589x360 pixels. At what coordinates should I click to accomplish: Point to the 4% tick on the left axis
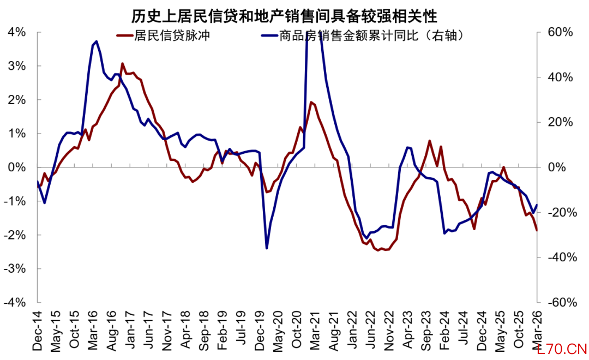tap(16, 32)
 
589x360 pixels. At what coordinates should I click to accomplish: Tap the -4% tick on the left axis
tap(14, 302)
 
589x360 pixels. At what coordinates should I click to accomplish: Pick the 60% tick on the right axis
tap(560, 32)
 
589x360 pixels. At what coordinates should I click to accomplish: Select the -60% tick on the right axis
tap(558, 302)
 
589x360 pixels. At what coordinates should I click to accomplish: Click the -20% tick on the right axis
tap(558, 212)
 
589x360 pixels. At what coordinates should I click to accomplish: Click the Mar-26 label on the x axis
tap(538, 329)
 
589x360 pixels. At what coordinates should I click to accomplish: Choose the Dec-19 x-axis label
tap(260, 329)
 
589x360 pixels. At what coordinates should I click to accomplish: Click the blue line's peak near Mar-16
tap(97, 41)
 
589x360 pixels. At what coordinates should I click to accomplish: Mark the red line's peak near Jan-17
tap(122, 63)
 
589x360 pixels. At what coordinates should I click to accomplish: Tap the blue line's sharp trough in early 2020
tap(267, 248)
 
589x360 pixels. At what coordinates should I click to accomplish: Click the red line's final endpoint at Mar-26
tap(537, 230)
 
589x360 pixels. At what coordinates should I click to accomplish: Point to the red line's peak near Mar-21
tap(311, 102)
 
